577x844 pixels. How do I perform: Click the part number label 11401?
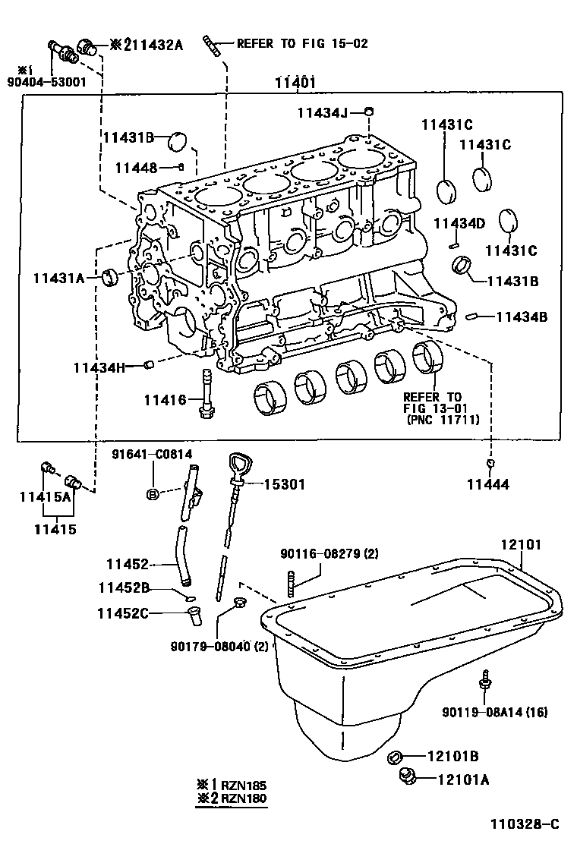click(295, 83)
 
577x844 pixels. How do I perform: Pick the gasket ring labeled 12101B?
click(395, 756)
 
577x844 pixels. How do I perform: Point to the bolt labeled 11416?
click(205, 393)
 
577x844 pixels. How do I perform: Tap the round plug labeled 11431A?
click(111, 277)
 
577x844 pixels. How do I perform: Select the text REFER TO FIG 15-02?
click(302, 44)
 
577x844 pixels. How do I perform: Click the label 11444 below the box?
click(487, 483)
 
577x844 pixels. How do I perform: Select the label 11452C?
click(125, 613)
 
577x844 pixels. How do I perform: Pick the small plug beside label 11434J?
click(369, 112)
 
